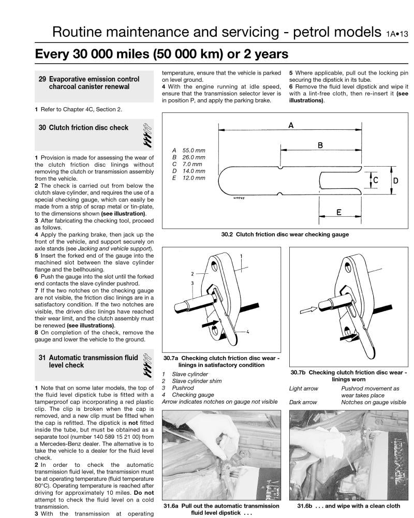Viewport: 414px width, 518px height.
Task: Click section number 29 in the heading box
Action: pos(42,79)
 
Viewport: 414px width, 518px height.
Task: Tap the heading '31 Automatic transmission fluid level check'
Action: pos(88,361)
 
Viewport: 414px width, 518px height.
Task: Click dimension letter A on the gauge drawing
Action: pos(291,125)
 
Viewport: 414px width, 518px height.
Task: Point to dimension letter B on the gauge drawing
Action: pos(320,146)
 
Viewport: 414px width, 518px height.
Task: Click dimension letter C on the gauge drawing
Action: pos(376,180)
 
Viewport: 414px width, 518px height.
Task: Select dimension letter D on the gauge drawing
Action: pos(396,181)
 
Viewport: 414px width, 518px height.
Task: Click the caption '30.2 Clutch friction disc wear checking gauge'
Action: pos(285,234)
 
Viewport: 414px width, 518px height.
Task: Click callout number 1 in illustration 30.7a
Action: pos(241,256)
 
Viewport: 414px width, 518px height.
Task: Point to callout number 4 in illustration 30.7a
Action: pos(247,332)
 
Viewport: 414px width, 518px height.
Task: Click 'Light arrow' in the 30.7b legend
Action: pos(303,388)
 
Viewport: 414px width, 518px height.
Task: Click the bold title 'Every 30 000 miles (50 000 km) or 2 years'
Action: pos(161,54)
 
